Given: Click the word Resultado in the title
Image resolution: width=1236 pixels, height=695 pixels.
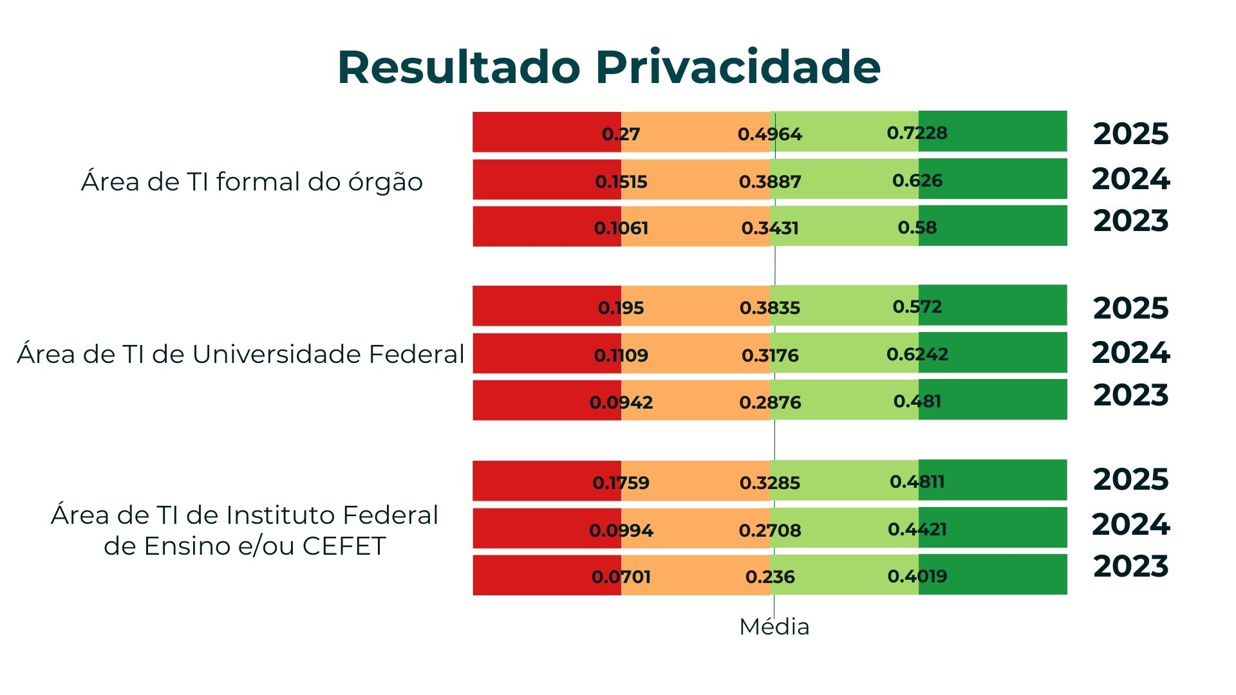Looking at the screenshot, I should click(x=459, y=67).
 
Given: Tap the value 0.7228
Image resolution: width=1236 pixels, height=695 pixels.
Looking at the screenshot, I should click(x=917, y=133).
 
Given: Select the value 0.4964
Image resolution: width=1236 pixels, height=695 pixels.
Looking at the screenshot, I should click(x=770, y=134).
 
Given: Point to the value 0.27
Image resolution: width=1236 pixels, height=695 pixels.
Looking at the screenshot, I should click(x=621, y=134).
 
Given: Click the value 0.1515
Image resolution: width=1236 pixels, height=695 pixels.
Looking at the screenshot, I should click(x=621, y=181).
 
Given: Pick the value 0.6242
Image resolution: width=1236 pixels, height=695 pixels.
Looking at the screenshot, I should click(x=917, y=354).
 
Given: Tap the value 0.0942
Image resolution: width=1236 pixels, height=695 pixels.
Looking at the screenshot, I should click(x=621, y=403).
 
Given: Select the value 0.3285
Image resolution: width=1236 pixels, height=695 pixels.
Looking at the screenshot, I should click(x=770, y=483).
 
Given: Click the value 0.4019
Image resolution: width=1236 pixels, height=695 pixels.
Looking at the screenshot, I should click(x=917, y=576).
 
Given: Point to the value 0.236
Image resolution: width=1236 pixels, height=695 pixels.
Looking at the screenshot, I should click(x=770, y=577).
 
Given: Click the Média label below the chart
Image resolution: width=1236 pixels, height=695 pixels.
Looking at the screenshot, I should click(x=774, y=627).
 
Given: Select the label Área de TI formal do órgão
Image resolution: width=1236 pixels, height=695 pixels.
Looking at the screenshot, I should click(x=252, y=182).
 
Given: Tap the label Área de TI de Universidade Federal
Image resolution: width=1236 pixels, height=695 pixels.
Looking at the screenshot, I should click(x=240, y=355).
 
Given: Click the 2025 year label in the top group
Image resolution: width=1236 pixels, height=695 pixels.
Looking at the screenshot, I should click(x=1130, y=134).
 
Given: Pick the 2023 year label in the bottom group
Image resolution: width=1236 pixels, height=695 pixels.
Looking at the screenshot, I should click(x=1130, y=566).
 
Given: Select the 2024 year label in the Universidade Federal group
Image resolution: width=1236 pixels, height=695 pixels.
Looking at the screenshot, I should click(x=1130, y=353).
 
